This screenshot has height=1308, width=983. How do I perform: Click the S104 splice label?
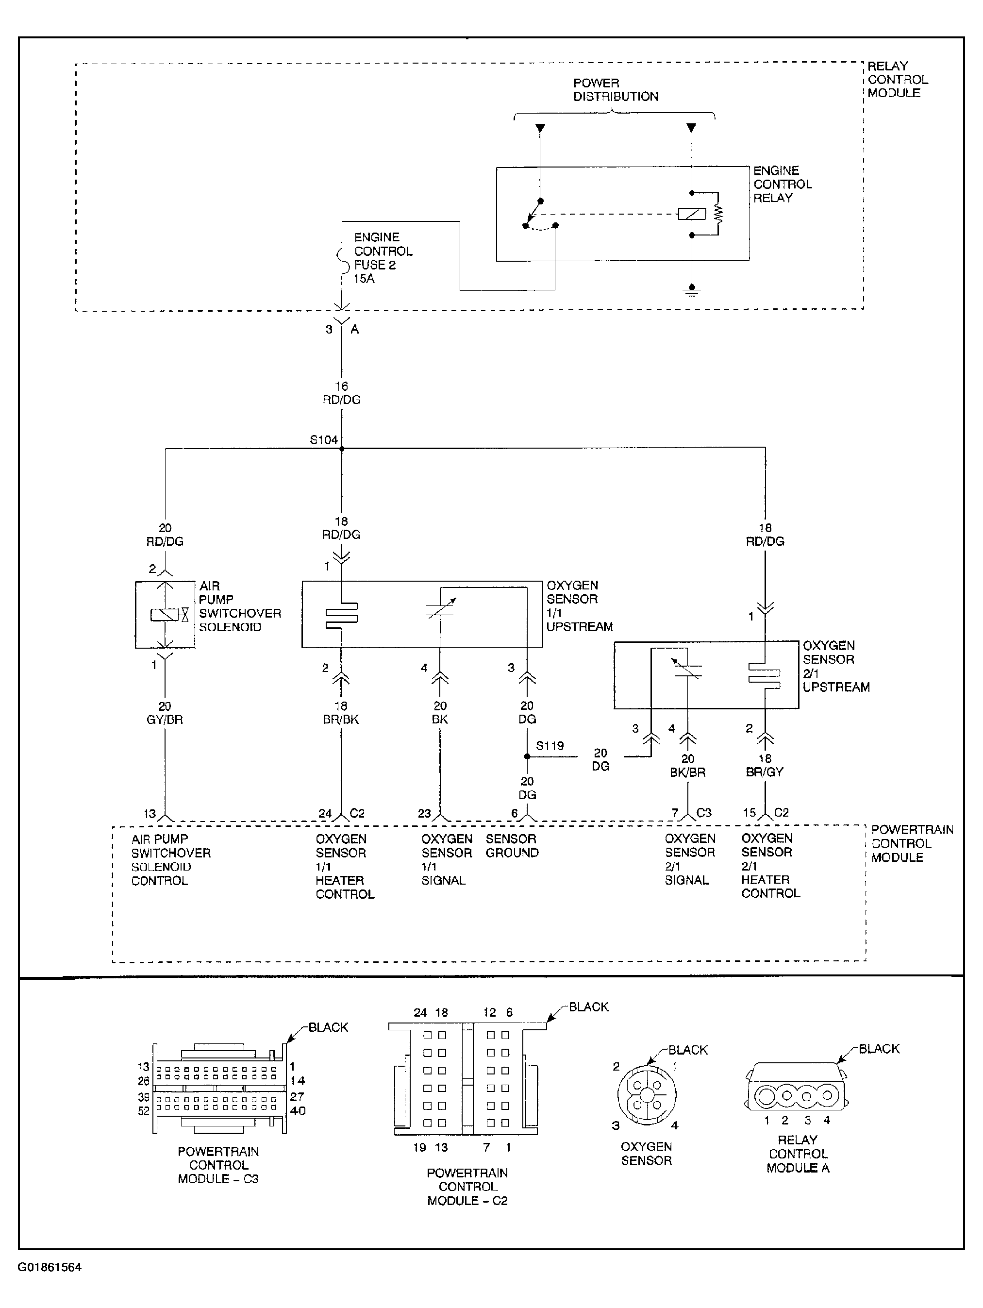click(323, 440)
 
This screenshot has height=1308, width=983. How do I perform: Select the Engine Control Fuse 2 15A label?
click(383, 258)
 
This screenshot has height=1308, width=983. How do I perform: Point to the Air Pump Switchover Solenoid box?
click(165, 614)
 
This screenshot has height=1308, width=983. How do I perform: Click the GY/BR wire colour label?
click(165, 720)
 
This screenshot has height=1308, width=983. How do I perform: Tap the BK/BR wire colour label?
click(687, 772)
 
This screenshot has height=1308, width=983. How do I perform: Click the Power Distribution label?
click(616, 90)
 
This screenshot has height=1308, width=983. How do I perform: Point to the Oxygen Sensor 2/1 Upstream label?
click(836, 667)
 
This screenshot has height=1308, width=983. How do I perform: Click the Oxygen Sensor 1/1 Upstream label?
click(579, 606)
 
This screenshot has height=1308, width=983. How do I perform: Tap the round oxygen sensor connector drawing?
click(646, 1095)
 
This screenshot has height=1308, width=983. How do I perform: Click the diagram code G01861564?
click(49, 1267)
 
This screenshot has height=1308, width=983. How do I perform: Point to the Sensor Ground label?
click(512, 846)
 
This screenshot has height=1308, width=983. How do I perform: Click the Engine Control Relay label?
click(782, 184)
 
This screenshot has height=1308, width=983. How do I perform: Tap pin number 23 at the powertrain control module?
click(424, 814)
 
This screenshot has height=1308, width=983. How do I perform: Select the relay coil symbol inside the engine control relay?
click(692, 214)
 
